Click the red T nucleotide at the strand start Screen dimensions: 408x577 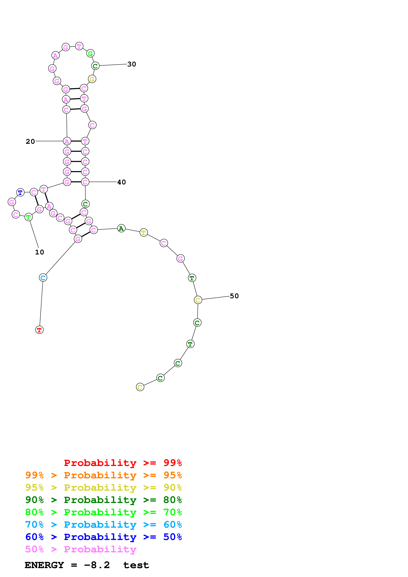[x=39, y=330]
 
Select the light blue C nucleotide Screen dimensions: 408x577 [x=43, y=278]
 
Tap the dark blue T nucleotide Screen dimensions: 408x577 [x=20, y=192]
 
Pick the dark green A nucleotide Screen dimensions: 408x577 [x=121, y=228]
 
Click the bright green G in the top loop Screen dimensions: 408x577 [x=90, y=53]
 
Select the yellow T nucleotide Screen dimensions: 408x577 [x=144, y=233]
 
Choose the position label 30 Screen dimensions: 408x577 [x=132, y=64]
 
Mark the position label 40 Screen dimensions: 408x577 [x=121, y=182]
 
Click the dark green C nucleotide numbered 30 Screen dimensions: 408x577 [x=95, y=66]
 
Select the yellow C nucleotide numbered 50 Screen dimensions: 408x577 [x=198, y=300]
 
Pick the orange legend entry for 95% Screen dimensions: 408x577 [x=103, y=475]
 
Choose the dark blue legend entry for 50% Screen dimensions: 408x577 [x=103, y=537]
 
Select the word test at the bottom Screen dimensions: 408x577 [x=136, y=565]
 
